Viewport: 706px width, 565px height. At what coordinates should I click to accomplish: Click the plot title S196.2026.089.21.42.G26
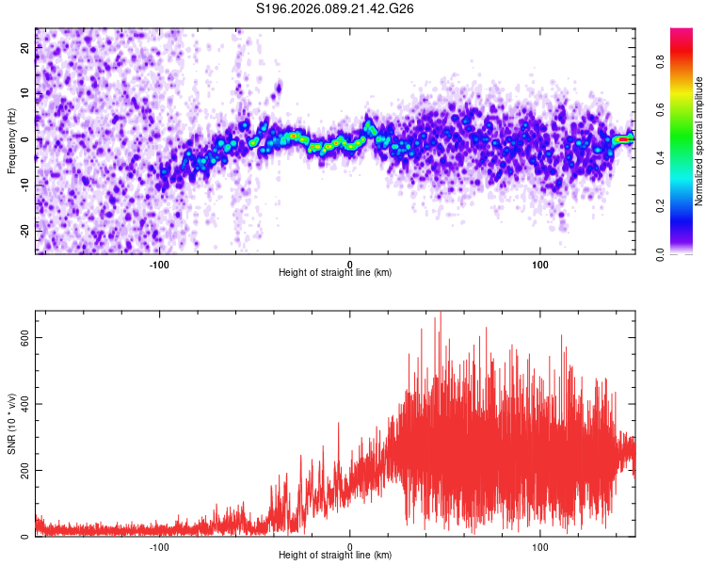pos(336,9)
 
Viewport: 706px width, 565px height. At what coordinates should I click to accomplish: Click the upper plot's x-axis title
pos(335,272)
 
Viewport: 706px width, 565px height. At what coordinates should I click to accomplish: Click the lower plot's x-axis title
pos(335,555)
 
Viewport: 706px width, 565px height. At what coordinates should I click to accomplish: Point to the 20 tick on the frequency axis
pos(25,49)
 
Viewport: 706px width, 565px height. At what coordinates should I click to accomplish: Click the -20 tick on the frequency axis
pos(24,231)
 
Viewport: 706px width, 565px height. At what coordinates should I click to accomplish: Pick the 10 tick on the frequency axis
pos(25,94)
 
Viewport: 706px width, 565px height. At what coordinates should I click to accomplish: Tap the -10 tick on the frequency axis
pos(24,186)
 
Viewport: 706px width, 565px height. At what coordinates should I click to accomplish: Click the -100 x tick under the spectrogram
pos(159,262)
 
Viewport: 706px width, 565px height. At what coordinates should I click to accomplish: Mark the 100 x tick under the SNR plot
pos(540,545)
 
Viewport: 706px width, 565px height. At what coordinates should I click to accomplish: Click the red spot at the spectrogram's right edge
pos(623,139)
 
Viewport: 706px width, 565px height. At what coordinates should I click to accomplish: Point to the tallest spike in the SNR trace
pos(440,315)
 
